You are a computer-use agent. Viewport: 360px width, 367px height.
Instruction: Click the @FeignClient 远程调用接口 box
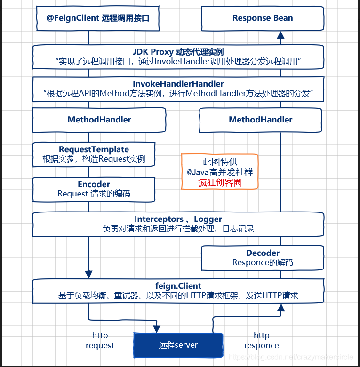click(96, 18)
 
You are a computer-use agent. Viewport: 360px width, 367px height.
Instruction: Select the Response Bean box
click(263, 18)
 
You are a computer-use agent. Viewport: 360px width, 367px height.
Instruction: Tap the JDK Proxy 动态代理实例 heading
click(178, 52)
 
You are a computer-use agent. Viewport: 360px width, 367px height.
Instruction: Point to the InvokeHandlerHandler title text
click(178, 84)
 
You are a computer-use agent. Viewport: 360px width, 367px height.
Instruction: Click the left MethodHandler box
click(99, 120)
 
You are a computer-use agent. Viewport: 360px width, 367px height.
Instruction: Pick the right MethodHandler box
click(261, 120)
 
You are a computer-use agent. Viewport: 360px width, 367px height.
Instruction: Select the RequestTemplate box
click(94, 154)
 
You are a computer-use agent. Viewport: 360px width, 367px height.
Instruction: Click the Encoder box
click(94, 188)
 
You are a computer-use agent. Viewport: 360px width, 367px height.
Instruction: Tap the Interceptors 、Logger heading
click(178, 219)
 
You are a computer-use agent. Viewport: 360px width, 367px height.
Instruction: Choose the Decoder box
click(263, 258)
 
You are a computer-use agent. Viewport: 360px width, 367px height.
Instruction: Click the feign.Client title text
click(178, 286)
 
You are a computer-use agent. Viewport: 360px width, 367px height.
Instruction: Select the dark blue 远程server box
click(178, 345)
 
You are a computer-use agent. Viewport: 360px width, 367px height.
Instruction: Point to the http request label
click(100, 340)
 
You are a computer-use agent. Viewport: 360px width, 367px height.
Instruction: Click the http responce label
click(262, 340)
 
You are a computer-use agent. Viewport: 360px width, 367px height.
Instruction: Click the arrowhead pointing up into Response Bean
click(281, 34)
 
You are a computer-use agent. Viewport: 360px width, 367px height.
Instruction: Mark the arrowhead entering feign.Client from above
click(88, 274)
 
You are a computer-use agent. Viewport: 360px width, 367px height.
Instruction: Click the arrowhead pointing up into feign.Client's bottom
click(281, 308)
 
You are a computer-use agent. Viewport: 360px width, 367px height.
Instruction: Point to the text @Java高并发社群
click(220, 172)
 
